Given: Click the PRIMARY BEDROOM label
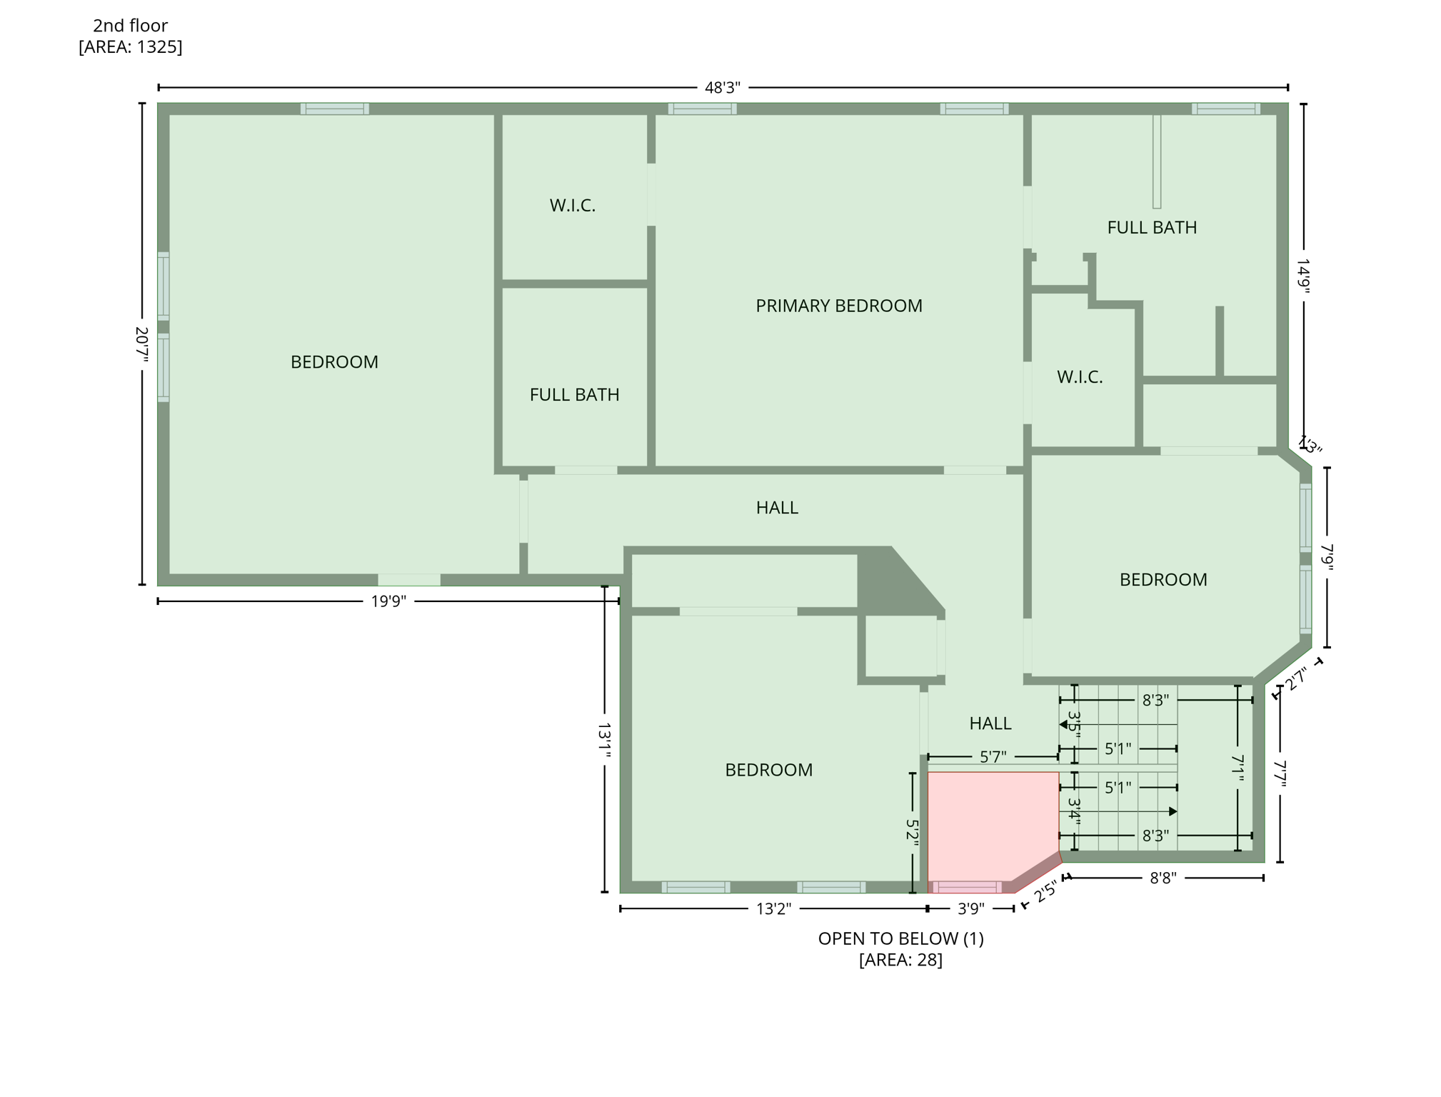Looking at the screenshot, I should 838,306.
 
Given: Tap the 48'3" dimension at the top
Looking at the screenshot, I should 722,88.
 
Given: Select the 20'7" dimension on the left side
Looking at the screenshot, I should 141,344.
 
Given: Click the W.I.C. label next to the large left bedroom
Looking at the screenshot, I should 572,206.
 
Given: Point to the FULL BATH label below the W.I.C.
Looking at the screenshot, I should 574,395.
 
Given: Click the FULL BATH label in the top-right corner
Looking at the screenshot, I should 1151,228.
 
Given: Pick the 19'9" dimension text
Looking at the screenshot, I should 388,601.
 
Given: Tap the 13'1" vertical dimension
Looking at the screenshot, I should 604,741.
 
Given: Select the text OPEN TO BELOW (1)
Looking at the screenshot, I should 900,938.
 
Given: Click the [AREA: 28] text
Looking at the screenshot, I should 900,960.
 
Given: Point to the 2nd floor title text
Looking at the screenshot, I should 130,26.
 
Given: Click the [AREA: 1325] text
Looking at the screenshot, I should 130,47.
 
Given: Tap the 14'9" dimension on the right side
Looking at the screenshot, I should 1303,276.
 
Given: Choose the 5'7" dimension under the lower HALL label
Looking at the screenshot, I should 993,757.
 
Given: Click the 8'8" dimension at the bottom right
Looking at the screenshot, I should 1163,878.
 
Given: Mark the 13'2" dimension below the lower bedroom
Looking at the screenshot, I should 773,909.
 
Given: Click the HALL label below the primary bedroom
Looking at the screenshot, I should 776,508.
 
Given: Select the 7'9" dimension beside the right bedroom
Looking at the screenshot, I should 1327,557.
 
